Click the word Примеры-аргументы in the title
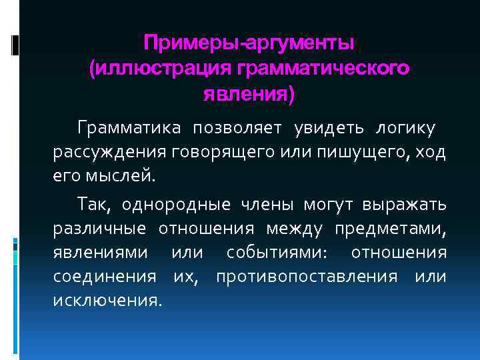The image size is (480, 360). tap(249, 43)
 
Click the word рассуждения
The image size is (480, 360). tap(109, 153)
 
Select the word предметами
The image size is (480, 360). tap(390, 229)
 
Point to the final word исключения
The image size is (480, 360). tap(107, 300)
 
